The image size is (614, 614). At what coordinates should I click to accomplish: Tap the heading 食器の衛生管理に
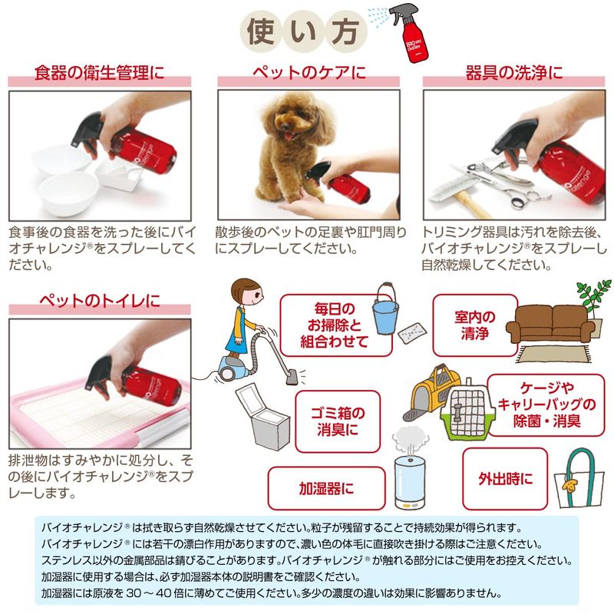[100, 73]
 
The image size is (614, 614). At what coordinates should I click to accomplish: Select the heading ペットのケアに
[309, 73]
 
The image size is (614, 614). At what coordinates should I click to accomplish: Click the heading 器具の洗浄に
[513, 73]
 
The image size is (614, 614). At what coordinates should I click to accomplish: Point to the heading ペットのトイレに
[100, 301]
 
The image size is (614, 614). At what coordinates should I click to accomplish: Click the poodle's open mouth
[289, 134]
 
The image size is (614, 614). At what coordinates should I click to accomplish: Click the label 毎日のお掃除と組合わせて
[335, 325]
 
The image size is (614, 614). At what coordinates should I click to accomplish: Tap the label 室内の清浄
[475, 325]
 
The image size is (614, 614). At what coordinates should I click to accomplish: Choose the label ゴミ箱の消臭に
[338, 421]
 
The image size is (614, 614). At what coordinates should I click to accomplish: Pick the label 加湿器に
[326, 488]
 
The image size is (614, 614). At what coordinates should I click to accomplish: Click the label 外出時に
[505, 478]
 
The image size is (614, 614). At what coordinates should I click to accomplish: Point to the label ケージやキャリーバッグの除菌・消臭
[546, 404]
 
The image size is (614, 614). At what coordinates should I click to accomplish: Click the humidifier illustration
[410, 468]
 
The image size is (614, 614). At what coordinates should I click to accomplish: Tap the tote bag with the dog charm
[579, 478]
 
